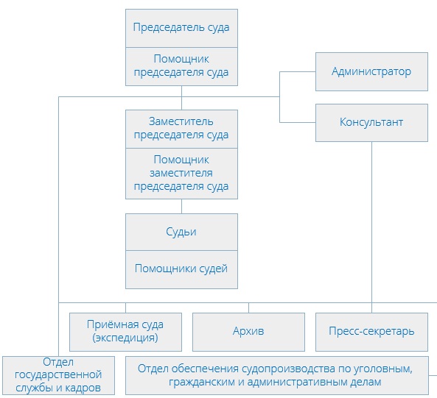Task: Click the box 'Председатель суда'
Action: [x=181, y=28]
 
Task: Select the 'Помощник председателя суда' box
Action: [x=181, y=65]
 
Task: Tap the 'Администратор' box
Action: [x=371, y=71]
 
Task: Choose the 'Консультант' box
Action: [x=371, y=122]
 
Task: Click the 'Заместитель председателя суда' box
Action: [x=181, y=128]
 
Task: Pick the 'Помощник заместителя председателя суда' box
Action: [x=181, y=173]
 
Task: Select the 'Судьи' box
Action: [x=181, y=232]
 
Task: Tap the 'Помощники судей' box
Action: [x=181, y=269]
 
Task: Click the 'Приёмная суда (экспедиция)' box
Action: [x=125, y=331]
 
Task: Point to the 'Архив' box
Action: [x=248, y=331]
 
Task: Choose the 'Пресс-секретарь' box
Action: [x=371, y=331]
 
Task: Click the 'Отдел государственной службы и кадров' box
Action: [x=58, y=376]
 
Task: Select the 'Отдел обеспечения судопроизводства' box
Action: [x=276, y=376]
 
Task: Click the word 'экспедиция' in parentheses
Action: [x=126, y=338]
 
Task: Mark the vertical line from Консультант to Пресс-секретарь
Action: [x=371, y=221]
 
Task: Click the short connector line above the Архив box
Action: [x=248, y=308]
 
